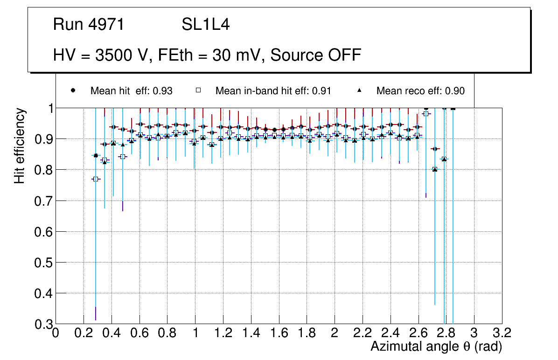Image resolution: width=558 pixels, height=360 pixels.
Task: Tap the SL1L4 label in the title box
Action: coord(205,25)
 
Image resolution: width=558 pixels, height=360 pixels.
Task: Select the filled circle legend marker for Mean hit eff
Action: coord(73,90)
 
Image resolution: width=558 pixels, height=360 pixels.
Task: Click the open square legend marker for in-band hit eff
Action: coord(198,90)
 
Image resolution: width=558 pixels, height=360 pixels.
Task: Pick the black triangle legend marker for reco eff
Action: coord(359,90)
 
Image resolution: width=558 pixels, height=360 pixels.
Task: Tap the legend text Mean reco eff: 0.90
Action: coord(420,91)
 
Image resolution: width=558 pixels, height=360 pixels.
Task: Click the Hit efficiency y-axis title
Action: coord(20,146)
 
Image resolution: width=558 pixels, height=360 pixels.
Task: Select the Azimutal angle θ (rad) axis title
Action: coord(436,346)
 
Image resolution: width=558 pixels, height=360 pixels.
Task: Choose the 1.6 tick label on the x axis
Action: coord(279,333)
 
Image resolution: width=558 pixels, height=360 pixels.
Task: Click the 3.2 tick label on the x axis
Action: coord(502,333)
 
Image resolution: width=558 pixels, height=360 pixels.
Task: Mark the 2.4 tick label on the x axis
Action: coord(390,333)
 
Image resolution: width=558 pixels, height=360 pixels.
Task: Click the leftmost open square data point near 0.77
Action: coord(96,179)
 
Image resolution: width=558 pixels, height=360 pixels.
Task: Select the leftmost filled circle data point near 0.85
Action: coord(96,155)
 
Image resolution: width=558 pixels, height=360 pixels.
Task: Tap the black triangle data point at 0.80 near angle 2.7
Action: coord(435,169)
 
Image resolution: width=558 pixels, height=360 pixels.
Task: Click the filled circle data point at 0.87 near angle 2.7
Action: coord(435,149)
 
